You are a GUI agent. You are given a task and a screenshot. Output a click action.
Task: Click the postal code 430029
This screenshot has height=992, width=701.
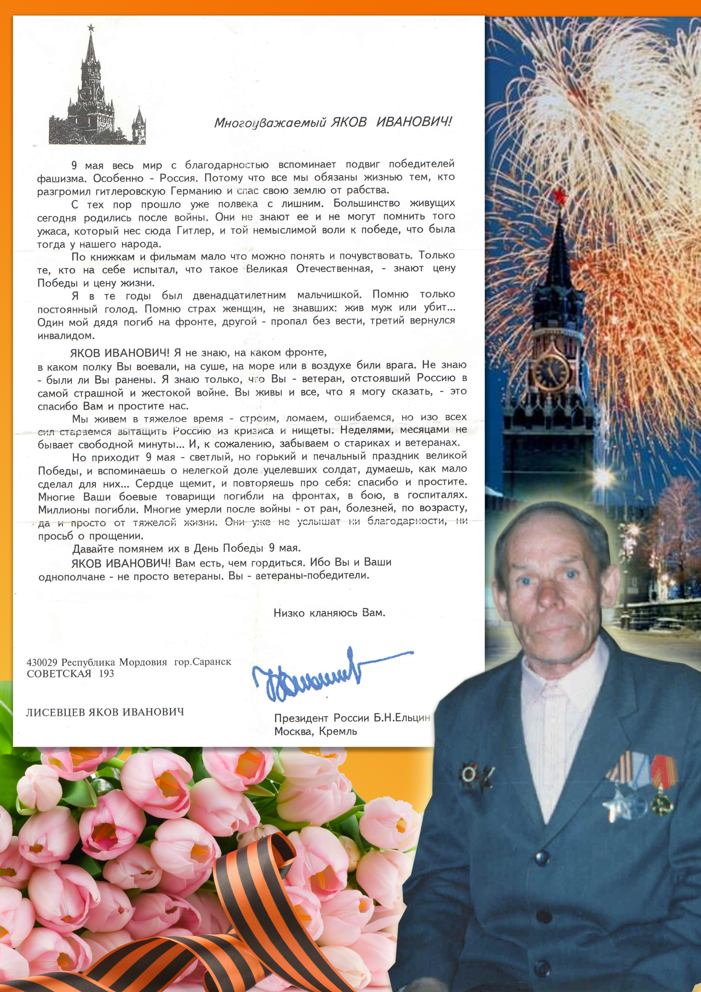[42, 662]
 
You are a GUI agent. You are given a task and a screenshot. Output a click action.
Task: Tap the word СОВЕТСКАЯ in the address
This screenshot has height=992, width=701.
[59, 673]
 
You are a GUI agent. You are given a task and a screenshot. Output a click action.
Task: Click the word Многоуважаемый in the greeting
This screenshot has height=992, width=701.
[270, 123]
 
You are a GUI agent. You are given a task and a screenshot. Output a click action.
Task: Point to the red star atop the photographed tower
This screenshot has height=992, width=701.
[560, 197]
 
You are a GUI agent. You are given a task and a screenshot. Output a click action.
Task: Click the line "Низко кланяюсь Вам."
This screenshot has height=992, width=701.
[329, 613]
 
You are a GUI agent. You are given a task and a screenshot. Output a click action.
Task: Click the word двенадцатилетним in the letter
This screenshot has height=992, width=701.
[239, 296]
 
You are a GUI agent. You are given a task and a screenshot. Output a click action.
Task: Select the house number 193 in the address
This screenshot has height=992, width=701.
[107, 673]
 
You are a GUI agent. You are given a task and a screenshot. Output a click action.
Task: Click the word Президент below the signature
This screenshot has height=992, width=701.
[301, 718]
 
